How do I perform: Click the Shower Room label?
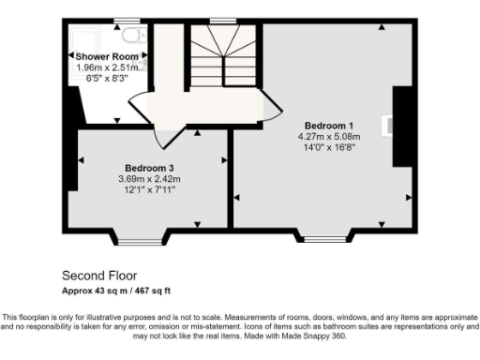(x=107, y=56)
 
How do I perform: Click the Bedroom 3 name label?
(x=148, y=169)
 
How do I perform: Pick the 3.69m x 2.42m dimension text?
(x=148, y=179)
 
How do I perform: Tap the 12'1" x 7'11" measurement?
(x=148, y=189)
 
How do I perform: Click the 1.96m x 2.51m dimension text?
(x=107, y=67)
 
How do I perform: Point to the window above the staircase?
(x=222, y=21)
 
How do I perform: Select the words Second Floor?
(x=98, y=276)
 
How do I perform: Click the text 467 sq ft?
(x=153, y=291)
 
